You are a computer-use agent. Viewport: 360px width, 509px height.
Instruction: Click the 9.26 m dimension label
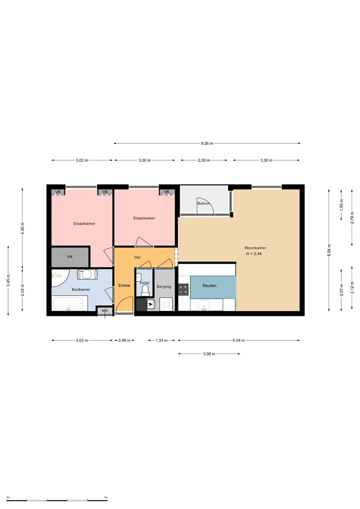coord(207,144)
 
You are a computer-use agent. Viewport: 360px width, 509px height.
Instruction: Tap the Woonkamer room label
coord(255,248)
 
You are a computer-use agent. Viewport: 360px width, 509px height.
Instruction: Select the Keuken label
coord(209,286)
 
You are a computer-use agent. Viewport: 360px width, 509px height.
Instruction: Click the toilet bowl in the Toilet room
coord(145,291)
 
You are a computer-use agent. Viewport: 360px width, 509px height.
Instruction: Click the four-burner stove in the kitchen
coord(184,289)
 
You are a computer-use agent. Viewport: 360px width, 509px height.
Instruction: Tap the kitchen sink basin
coord(204,304)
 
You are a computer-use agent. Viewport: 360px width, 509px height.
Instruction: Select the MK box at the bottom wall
coord(105,311)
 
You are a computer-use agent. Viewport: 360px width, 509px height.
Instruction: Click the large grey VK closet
coord(70,257)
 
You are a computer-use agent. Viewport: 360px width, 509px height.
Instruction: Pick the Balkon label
coord(203,203)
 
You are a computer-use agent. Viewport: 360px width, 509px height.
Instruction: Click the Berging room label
coord(164,287)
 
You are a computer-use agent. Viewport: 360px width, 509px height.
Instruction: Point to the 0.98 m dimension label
coord(124,340)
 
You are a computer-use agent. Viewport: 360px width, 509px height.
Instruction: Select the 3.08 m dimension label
coord(209,354)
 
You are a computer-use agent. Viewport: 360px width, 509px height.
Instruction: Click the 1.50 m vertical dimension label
coord(341,205)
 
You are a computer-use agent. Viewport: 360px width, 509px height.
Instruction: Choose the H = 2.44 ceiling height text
coord(254,254)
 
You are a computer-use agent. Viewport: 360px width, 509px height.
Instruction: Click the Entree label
coord(124,286)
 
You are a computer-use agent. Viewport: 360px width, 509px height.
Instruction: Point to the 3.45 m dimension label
coord(8,281)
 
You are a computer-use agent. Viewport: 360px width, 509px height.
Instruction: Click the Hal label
coord(137,257)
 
